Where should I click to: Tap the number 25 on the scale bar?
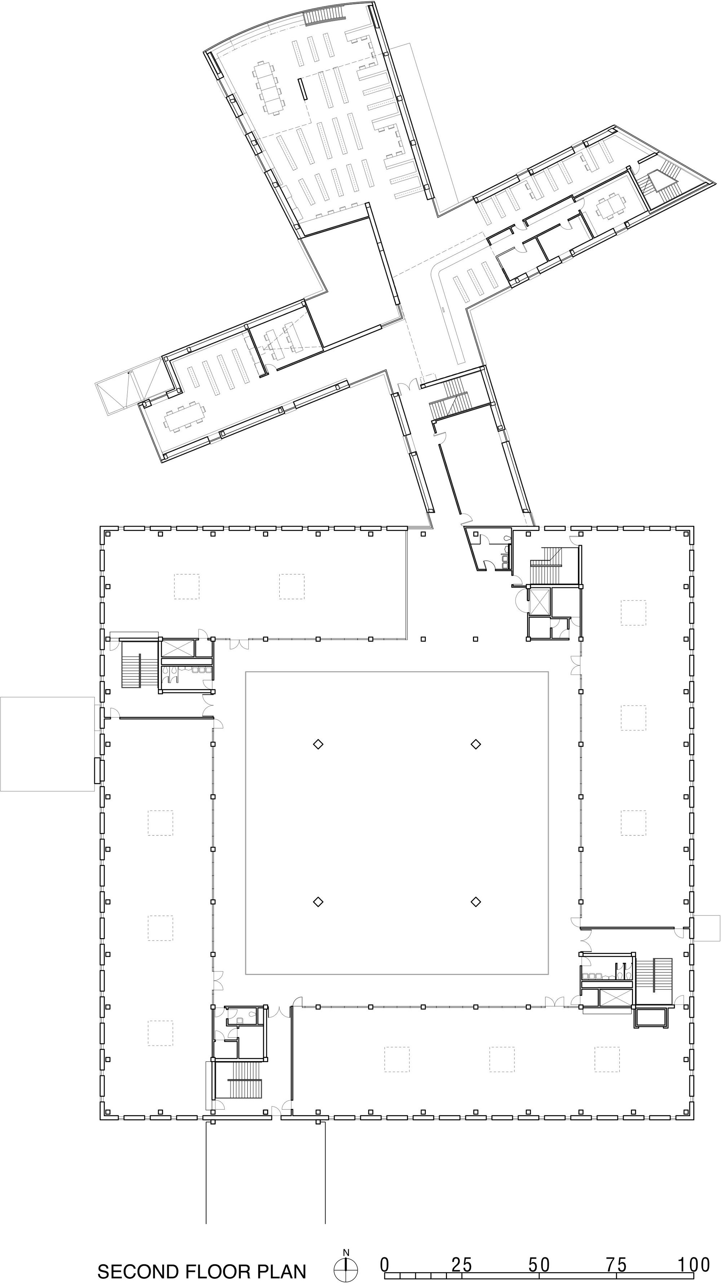(461, 1261)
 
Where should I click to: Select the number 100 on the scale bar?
(693, 1261)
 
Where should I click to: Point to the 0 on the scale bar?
(384, 1261)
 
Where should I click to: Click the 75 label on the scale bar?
(616, 1261)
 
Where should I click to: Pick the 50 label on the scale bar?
(539, 1261)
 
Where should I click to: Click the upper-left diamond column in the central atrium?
(318, 745)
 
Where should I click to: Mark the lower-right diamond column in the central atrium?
(475, 902)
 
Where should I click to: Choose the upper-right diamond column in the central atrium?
(475, 745)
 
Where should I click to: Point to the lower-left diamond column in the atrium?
(318, 902)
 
